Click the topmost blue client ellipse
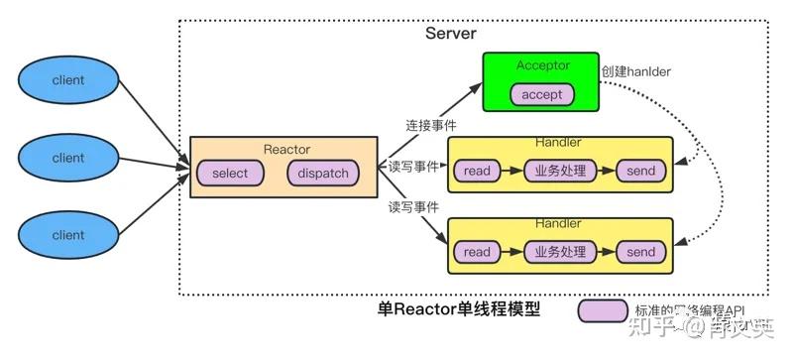click(68, 79)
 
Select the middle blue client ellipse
click(68, 158)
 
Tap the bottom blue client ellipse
click(68, 235)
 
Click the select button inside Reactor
click(230, 174)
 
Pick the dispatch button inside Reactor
click(322, 174)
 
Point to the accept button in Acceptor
click(541, 94)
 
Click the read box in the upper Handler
click(477, 172)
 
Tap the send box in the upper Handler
click(640, 172)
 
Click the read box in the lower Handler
click(477, 252)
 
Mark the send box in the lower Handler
click(640, 252)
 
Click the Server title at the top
click(451, 34)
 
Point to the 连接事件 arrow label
click(429, 126)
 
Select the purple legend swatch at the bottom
click(603, 311)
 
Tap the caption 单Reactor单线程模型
click(459, 309)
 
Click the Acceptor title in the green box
click(540, 65)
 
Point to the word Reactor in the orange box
click(287, 150)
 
